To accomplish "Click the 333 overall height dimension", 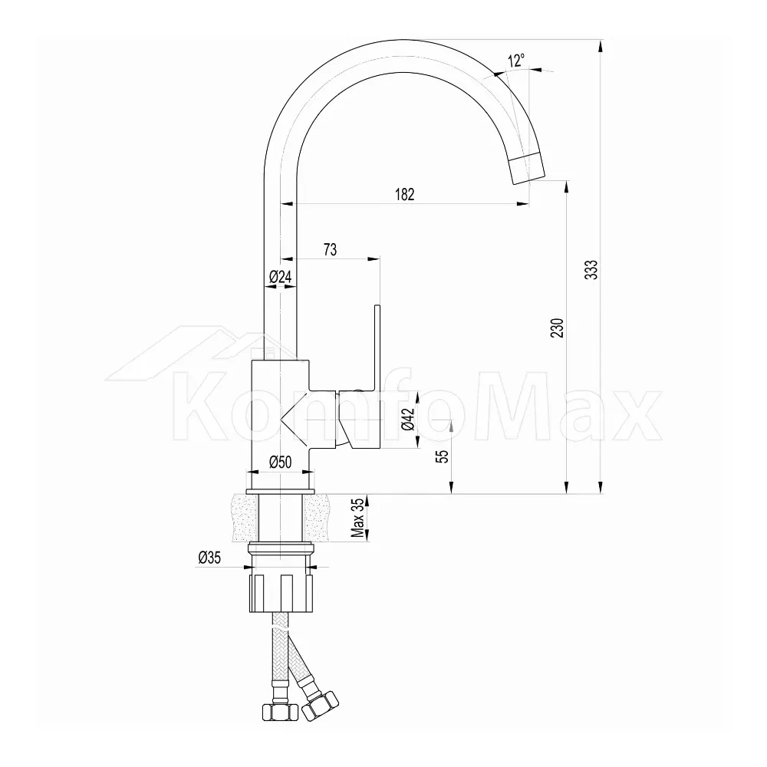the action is (x=592, y=270).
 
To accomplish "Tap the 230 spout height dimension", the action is (x=558, y=328).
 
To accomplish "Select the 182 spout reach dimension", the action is (x=404, y=194).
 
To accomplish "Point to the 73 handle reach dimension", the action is (x=330, y=249).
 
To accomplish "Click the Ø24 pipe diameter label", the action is (x=280, y=277).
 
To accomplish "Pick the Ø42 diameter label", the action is (x=409, y=419).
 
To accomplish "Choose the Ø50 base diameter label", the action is (x=280, y=462).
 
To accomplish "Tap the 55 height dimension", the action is (x=443, y=456).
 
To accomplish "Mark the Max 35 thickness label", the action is (x=359, y=518).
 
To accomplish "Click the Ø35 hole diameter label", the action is (x=209, y=557).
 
